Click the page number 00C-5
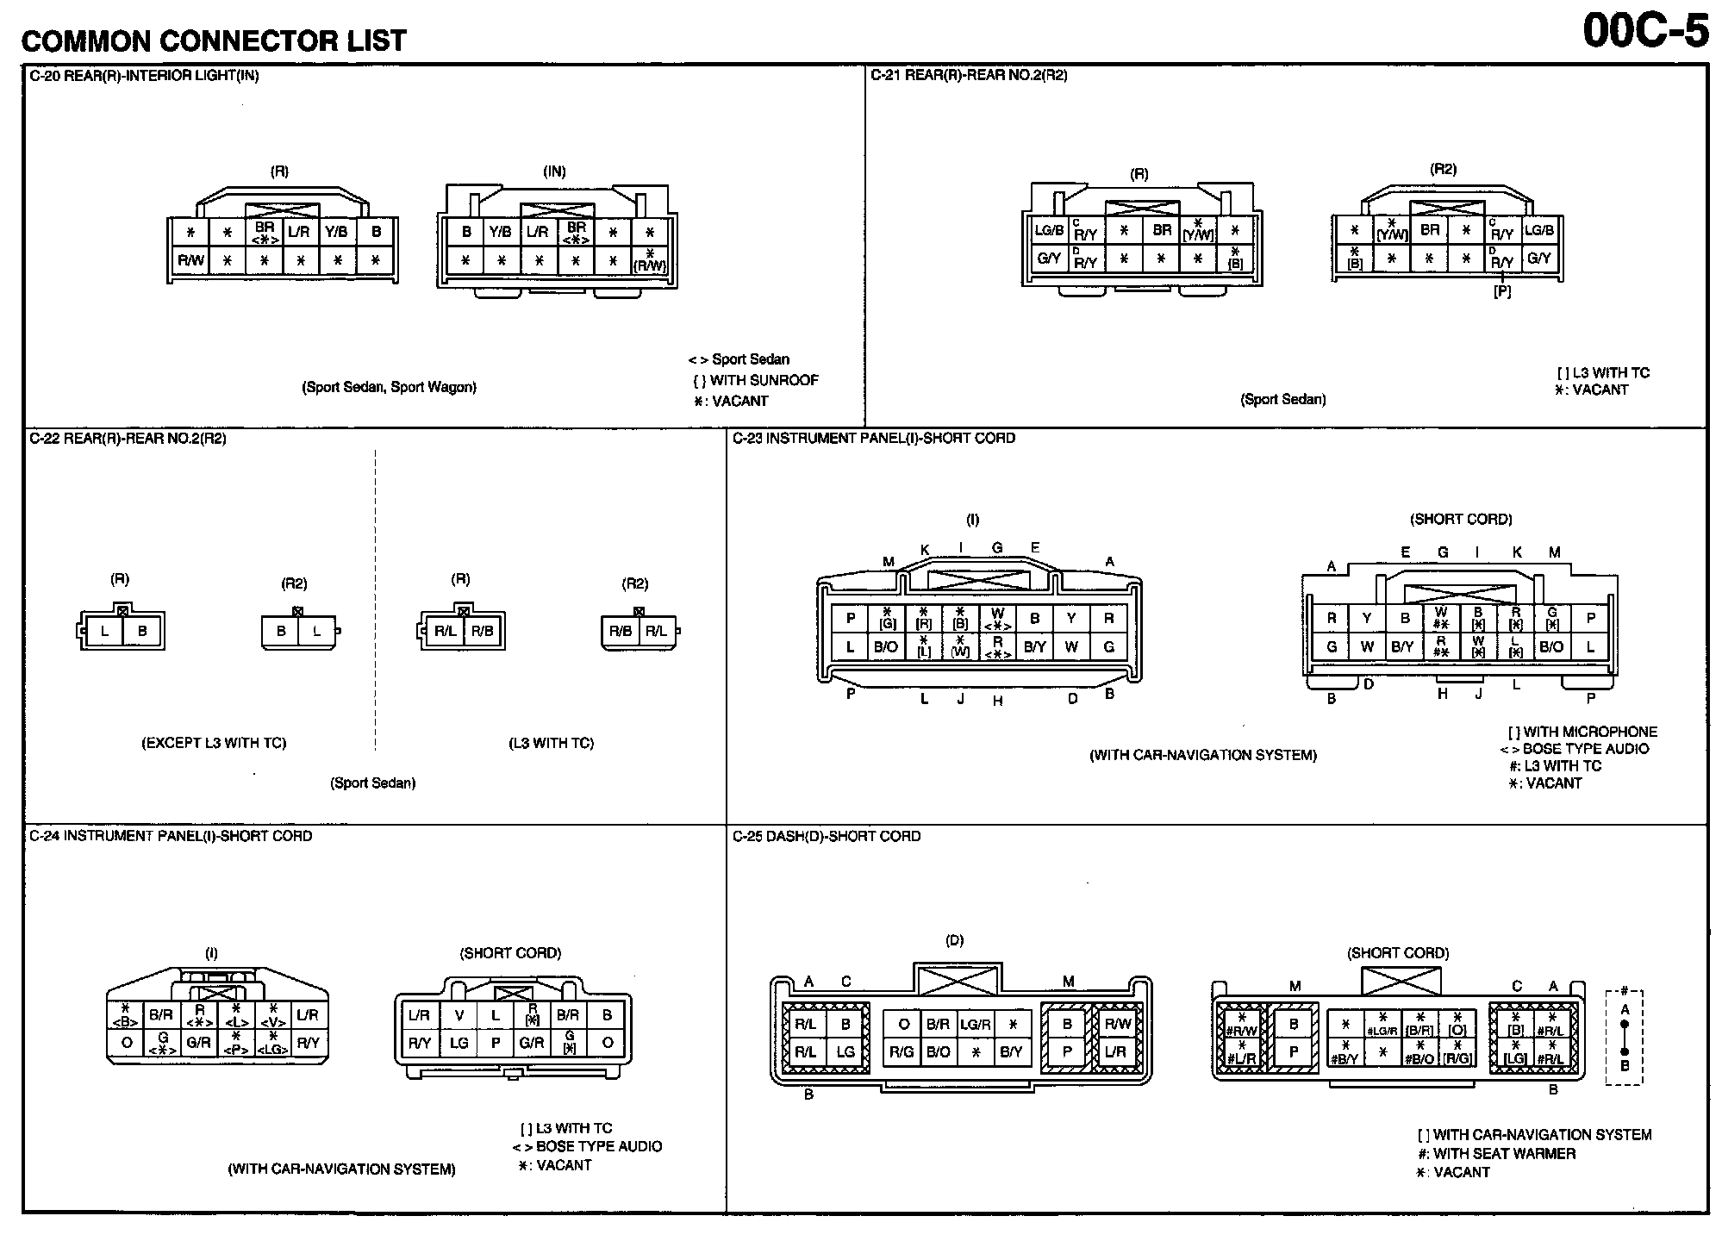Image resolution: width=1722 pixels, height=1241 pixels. [1645, 32]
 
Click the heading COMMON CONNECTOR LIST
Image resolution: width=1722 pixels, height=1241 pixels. [213, 40]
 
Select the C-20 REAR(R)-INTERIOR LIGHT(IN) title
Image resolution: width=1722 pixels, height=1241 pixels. [144, 76]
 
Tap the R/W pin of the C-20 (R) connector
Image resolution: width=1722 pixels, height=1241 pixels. [190, 260]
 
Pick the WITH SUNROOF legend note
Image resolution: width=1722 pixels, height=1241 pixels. [756, 380]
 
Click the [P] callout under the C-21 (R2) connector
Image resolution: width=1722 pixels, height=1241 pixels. [1502, 292]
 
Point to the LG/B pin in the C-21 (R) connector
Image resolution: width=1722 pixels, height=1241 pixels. [1049, 230]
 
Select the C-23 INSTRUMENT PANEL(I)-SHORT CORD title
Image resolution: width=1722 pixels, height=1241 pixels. [874, 439]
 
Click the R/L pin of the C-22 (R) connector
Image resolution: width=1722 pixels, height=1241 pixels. [446, 631]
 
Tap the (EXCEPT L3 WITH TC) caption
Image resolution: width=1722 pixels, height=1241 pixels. [214, 743]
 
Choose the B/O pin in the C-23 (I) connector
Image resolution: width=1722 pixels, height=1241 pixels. [886, 647]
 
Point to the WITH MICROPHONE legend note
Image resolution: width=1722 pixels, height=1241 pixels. [1582, 732]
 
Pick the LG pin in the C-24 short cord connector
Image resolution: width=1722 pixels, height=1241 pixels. [459, 1043]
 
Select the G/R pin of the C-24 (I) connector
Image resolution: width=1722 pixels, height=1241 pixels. [198, 1042]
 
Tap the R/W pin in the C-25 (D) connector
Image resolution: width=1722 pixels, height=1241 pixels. [1117, 1024]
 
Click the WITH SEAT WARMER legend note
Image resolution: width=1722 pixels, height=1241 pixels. [1496, 1154]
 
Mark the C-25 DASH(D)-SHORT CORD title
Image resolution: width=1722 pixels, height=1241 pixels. [827, 837]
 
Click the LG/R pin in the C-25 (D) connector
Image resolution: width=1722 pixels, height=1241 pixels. [975, 1024]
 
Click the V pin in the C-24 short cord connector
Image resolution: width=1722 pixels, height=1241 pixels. [459, 1015]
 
